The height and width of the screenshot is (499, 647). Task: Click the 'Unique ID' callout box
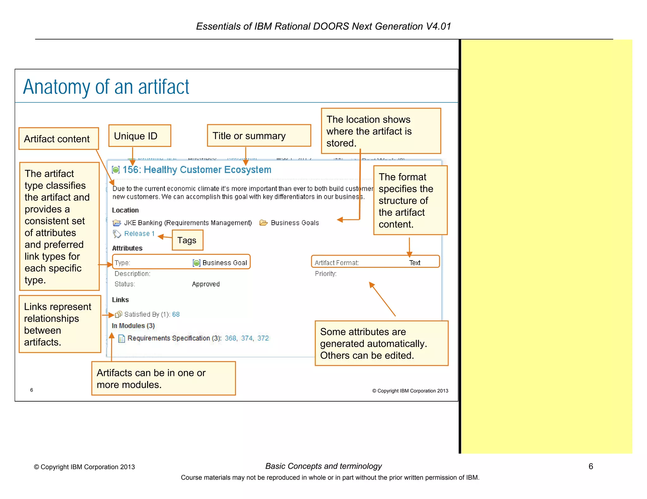pos(140,136)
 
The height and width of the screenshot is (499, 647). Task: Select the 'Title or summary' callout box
pos(259,136)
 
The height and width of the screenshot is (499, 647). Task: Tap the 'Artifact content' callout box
pos(58,139)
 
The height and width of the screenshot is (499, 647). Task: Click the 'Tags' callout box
pos(187,240)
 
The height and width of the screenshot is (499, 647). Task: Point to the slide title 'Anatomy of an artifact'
pos(106,87)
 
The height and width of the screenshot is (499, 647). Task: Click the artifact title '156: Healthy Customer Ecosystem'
pos(197,170)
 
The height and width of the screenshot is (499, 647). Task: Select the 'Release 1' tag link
pos(139,234)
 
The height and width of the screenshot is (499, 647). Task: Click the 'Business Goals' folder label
pos(295,223)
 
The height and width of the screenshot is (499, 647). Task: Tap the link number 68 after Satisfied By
pos(176,314)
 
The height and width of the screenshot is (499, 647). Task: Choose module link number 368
pos(231,338)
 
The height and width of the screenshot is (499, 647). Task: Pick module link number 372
pos(263,338)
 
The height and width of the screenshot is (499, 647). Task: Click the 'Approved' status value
pos(206,284)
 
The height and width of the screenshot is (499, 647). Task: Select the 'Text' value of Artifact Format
pos(414,263)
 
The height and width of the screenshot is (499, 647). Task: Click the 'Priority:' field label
pos(326,274)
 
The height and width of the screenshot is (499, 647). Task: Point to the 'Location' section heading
pos(125,210)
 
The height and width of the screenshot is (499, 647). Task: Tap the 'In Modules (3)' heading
pos(133,326)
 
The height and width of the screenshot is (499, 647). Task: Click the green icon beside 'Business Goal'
pos(197,263)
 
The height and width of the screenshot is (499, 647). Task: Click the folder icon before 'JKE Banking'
pos(117,223)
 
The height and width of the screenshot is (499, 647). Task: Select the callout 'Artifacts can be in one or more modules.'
pos(163,379)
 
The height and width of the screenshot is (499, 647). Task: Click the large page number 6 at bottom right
pos(591,466)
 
